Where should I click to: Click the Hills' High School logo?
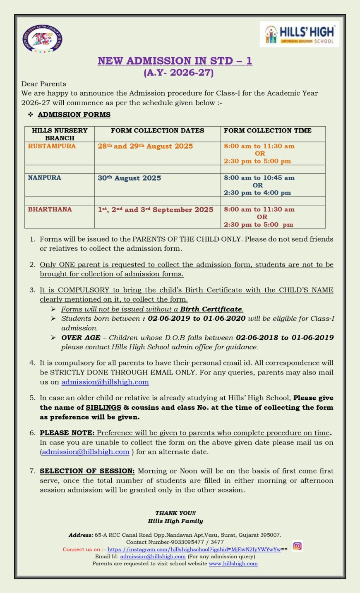[x=300, y=35]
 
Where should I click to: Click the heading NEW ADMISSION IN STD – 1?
[x=175, y=61]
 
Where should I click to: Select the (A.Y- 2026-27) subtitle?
[x=179, y=73]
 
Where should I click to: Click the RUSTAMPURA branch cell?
[x=52, y=146]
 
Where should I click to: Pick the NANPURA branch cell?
[x=45, y=178]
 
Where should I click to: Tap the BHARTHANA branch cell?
[x=50, y=209]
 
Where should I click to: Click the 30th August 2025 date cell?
[x=129, y=178]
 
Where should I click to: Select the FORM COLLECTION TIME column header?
[x=267, y=130]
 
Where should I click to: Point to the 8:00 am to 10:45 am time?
[x=259, y=178]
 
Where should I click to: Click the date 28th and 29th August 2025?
[x=145, y=146]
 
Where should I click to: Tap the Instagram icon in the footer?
[x=297, y=546]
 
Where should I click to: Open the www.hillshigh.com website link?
[x=233, y=564]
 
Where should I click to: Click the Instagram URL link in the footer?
[x=194, y=550]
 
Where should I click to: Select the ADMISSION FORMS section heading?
[x=74, y=115]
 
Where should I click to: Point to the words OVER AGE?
[x=81, y=338]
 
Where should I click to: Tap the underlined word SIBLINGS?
[x=103, y=408]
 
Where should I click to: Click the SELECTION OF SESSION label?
[x=87, y=471]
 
